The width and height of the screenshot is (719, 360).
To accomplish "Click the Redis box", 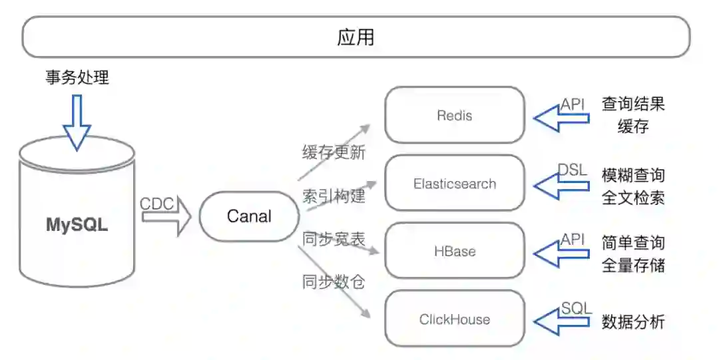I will (455, 115).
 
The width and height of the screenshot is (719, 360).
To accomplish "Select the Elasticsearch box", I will (455, 184).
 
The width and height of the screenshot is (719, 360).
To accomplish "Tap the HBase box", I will (455, 251).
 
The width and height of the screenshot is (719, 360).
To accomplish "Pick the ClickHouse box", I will (455, 319).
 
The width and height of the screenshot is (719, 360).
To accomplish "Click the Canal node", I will (249, 216).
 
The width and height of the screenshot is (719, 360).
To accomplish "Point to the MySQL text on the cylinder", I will (77, 225).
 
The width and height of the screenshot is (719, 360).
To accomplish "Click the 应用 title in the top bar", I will (356, 37).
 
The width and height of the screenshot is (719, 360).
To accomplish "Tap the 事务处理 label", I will (77, 78).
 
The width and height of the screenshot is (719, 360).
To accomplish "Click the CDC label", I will (157, 204).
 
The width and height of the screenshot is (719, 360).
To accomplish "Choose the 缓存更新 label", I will (334, 152).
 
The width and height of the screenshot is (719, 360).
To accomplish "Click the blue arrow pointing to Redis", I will (561, 119).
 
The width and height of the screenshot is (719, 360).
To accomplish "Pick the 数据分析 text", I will (633, 322).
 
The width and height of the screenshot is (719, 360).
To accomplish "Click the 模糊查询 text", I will (633, 176).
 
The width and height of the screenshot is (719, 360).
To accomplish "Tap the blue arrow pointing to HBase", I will (561, 255).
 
